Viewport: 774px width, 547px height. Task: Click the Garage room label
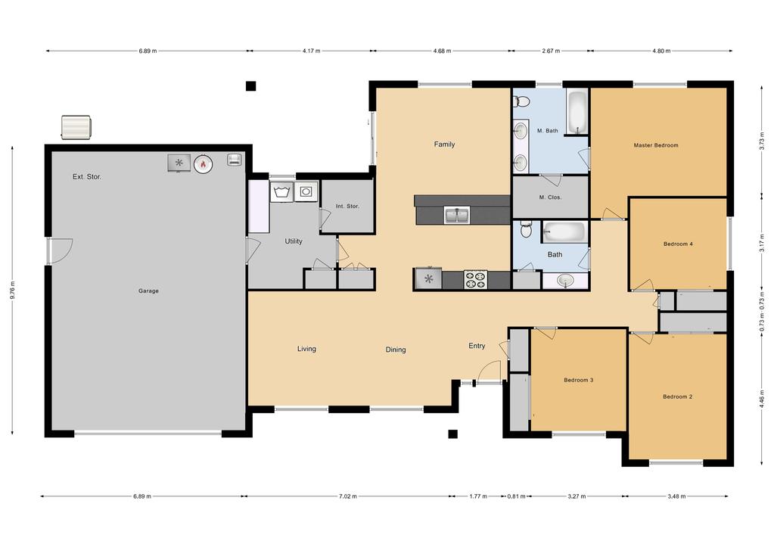pos(148,291)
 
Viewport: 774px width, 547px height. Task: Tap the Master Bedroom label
pos(655,145)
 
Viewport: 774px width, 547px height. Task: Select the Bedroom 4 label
pos(678,244)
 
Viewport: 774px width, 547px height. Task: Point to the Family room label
pos(444,145)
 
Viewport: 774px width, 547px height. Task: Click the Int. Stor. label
pos(347,206)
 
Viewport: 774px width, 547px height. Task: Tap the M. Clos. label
pos(550,197)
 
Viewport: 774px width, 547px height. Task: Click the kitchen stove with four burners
pos(475,279)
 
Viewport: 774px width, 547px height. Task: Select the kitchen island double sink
pos(457,216)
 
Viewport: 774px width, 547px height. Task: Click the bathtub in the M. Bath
pos(577,112)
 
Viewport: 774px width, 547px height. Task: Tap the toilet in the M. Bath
pos(521,101)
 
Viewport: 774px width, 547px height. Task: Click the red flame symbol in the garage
pos(203,163)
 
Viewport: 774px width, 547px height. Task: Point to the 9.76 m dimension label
pos(12,291)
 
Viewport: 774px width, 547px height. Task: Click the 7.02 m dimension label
pos(347,496)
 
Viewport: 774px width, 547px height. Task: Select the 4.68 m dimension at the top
pos(442,51)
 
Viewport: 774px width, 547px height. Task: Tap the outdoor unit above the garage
pos(76,127)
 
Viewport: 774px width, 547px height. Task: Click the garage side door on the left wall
pos(60,250)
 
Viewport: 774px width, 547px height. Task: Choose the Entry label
pos(477,346)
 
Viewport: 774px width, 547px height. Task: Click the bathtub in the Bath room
pos(564,232)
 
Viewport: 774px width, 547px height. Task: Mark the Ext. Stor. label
pos(87,176)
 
